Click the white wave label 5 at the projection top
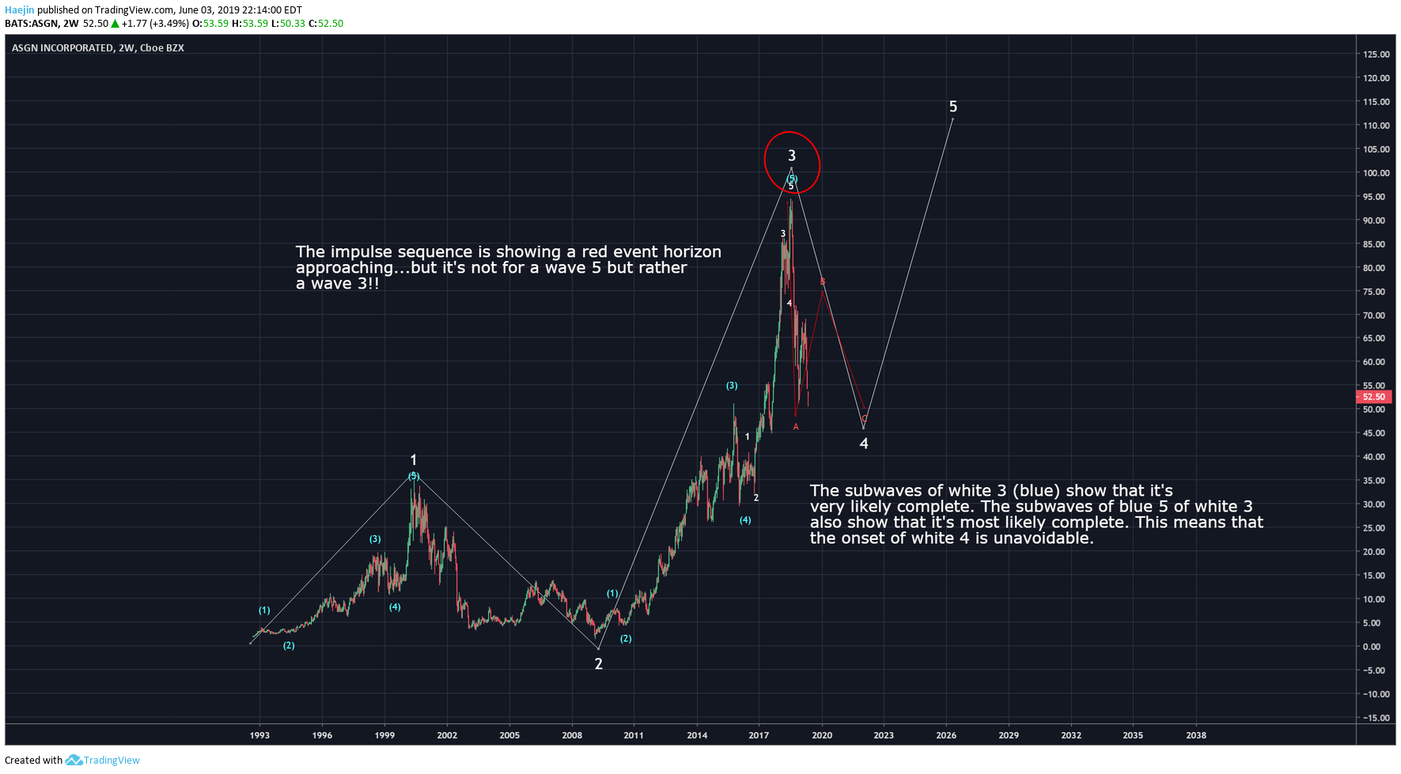952,107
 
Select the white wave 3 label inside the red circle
791,156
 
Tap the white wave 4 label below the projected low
864,444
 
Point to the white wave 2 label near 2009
598,664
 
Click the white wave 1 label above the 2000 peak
413,460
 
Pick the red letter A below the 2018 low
796,427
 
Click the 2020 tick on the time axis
822,735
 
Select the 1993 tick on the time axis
259,735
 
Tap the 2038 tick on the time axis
1195,735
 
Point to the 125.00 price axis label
1376,55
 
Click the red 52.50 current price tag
1373,397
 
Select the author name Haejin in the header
20,10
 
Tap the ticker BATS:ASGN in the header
32,24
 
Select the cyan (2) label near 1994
289,646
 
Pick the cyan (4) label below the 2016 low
745,520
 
